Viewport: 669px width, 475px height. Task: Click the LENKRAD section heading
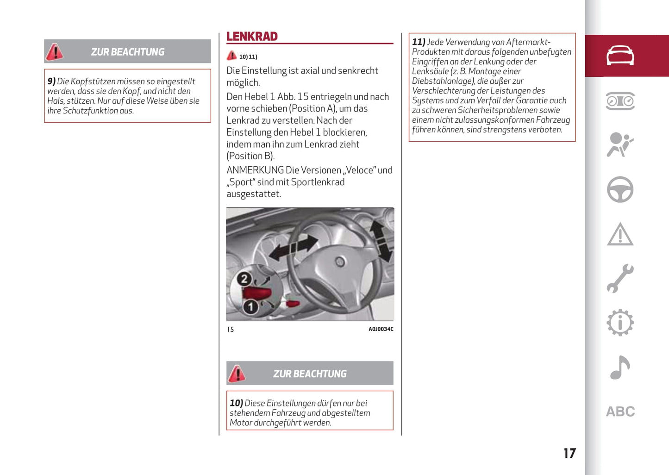click(252, 37)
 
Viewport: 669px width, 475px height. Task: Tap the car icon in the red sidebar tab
click(620, 56)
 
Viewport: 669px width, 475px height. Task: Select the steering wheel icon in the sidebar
click(620, 189)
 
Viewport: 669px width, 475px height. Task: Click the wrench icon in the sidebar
click(620, 279)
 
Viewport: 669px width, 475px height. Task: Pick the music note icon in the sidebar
click(620, 368)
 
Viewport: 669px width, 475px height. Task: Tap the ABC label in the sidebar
click(620, 412)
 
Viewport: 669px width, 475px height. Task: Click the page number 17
click(569, 453)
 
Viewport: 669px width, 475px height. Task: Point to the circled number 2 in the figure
click(244, 279)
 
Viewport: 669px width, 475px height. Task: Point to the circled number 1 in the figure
click(250, 306)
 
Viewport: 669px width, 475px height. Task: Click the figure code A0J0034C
click(381, 329)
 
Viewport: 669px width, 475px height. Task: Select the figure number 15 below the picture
click(231, 330)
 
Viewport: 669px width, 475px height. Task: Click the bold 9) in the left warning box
click(51, 81)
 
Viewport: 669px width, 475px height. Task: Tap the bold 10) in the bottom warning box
click(236, 403)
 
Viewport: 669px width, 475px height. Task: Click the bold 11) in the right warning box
click(419, 42)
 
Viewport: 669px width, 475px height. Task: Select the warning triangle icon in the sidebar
click(620, 234)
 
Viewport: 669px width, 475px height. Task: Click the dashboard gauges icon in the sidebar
click(620, 101)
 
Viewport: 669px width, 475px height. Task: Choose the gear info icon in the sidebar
click(620, 323)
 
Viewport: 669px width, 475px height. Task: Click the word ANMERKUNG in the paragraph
click(255, 170)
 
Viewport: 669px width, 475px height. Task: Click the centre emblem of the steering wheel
click(340, 262)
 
